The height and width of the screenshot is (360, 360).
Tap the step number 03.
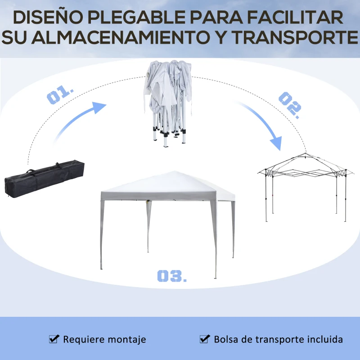[x=172, y=276]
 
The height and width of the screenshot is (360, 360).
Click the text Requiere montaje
[x=104, y=339]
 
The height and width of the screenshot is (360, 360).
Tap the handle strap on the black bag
[x=31, y=172]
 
